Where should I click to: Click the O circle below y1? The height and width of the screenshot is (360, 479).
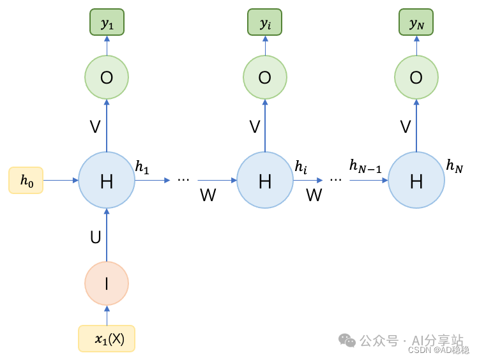pyautogui.click(x=107, y=77)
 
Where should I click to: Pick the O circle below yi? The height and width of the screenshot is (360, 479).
pyautogui.click(x=264, y=77)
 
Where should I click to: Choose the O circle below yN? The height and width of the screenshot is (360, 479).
pyautogui.click(x=416, y=77)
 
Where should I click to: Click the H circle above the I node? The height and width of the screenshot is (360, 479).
pyautogui.click(x=107, y=181)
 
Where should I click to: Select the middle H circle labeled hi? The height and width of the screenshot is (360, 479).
pyautogui.click(x=264, y=181)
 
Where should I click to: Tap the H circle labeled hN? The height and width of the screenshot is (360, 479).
pyautogui.click(x=416, y=181)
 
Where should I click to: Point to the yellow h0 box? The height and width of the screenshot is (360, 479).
pyautogui.click(x=26, y=181)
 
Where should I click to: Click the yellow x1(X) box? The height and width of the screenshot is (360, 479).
pyautogui.click(x=107, y=339)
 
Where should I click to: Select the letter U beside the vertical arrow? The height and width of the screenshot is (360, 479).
pyautogui.click(x=95, y=237)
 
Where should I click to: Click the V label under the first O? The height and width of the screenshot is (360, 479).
pyautogui.click(x=95, y=127)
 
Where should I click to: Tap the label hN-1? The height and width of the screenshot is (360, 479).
pyautogui.click(x=366, y=166)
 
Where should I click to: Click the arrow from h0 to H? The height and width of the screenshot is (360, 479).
pyautogui.click(x=61, y=181)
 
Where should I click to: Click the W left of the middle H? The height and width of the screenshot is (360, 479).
pyautogui.click(x=208, y=195)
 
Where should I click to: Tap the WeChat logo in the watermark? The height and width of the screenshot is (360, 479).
pyautogui.click(x=347, y=340)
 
